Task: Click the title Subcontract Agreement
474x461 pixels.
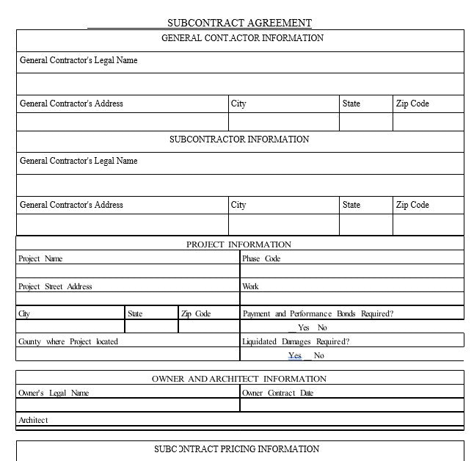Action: click(239, 23)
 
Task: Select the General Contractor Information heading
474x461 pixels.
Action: click(242, 38)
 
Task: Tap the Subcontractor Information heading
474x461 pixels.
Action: click(239, 139)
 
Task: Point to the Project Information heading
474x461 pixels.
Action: click(238, 244)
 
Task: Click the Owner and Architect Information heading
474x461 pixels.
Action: click(239, 379)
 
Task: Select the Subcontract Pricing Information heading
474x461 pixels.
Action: click(237, 449)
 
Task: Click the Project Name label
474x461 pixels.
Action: click(40, 258)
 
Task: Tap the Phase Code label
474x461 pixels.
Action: click(261, 258)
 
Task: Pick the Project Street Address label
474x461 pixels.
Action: click(55, 286)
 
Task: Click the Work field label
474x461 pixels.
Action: click(250, 286)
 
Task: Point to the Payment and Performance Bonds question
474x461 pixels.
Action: click(318, 313)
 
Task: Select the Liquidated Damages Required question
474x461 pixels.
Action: click(296, 341)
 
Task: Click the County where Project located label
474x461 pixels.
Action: click(68, 341)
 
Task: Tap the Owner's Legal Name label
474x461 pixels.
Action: click(54, 393)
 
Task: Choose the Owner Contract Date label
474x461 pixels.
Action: click(277, 393)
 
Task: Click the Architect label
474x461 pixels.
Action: click(33, 420)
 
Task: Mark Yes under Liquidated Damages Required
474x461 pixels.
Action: click(295, 356)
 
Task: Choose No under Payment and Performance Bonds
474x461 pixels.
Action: click(322, 328)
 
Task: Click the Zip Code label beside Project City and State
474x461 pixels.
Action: click(196, 313)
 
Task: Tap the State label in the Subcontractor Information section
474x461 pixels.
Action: click(351, 205)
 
